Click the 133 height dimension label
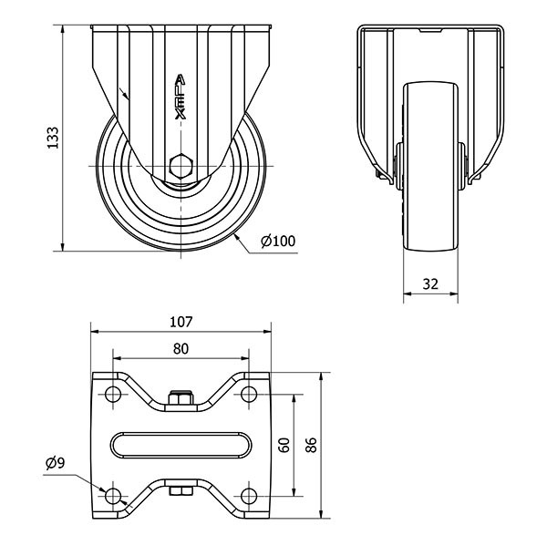coord(53,137)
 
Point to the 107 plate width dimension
coord(181,322)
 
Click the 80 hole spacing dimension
coord(181,348)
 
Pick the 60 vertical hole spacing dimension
coord(284,445)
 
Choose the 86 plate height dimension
coord(311,445)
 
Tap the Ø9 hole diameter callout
coord(55,463)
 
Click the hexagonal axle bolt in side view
coord(181,167)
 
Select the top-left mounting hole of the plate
coord(113,395)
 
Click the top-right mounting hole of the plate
coord(248,395)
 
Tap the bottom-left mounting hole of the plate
coord(113,495)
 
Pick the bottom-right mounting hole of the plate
coord(248,495)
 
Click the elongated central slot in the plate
coord(181,445)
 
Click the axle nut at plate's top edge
coord(181,396)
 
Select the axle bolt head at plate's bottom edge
coord(181,493)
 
